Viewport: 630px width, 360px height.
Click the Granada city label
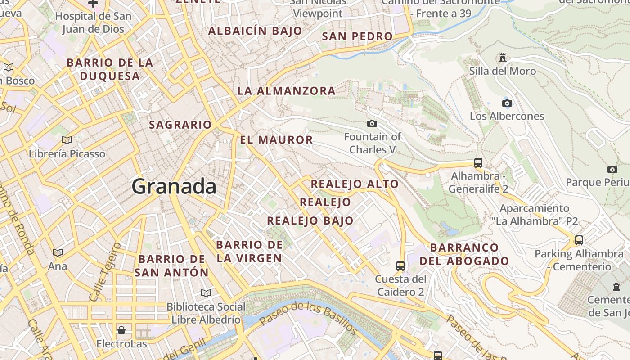click(x=174, y=186)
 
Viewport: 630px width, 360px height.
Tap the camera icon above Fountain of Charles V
click(x=372, y=123)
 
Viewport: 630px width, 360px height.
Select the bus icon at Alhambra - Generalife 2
click(x=478, y=163)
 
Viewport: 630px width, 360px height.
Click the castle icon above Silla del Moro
click(x=503, y=58)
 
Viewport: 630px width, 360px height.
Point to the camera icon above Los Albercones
click(x=507, y=103)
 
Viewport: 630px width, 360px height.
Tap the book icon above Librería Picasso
click(x=67, y=140)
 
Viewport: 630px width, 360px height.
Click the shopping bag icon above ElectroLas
click(x=121, y=331)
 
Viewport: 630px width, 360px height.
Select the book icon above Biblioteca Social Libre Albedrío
click(x=206, y=293)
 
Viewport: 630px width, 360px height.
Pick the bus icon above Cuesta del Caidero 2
click(x=400, y=266)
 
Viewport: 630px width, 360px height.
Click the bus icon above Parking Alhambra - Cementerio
click(x=579, y=240)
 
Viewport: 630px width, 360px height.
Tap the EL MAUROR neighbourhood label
click(x=276, y=140)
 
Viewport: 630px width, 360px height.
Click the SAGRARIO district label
click(x=180, y=125)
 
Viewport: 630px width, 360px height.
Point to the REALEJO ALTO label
click(x=355, y=184)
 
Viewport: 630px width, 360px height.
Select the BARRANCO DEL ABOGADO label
click(x=464, y=254)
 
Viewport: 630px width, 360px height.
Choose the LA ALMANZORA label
click(x=286, y=91)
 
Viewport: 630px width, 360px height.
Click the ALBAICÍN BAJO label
click(x=255, y=31)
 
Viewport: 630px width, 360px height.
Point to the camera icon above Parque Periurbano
click(x=612, y=170)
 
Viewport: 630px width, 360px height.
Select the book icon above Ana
click(x=58, y=253)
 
